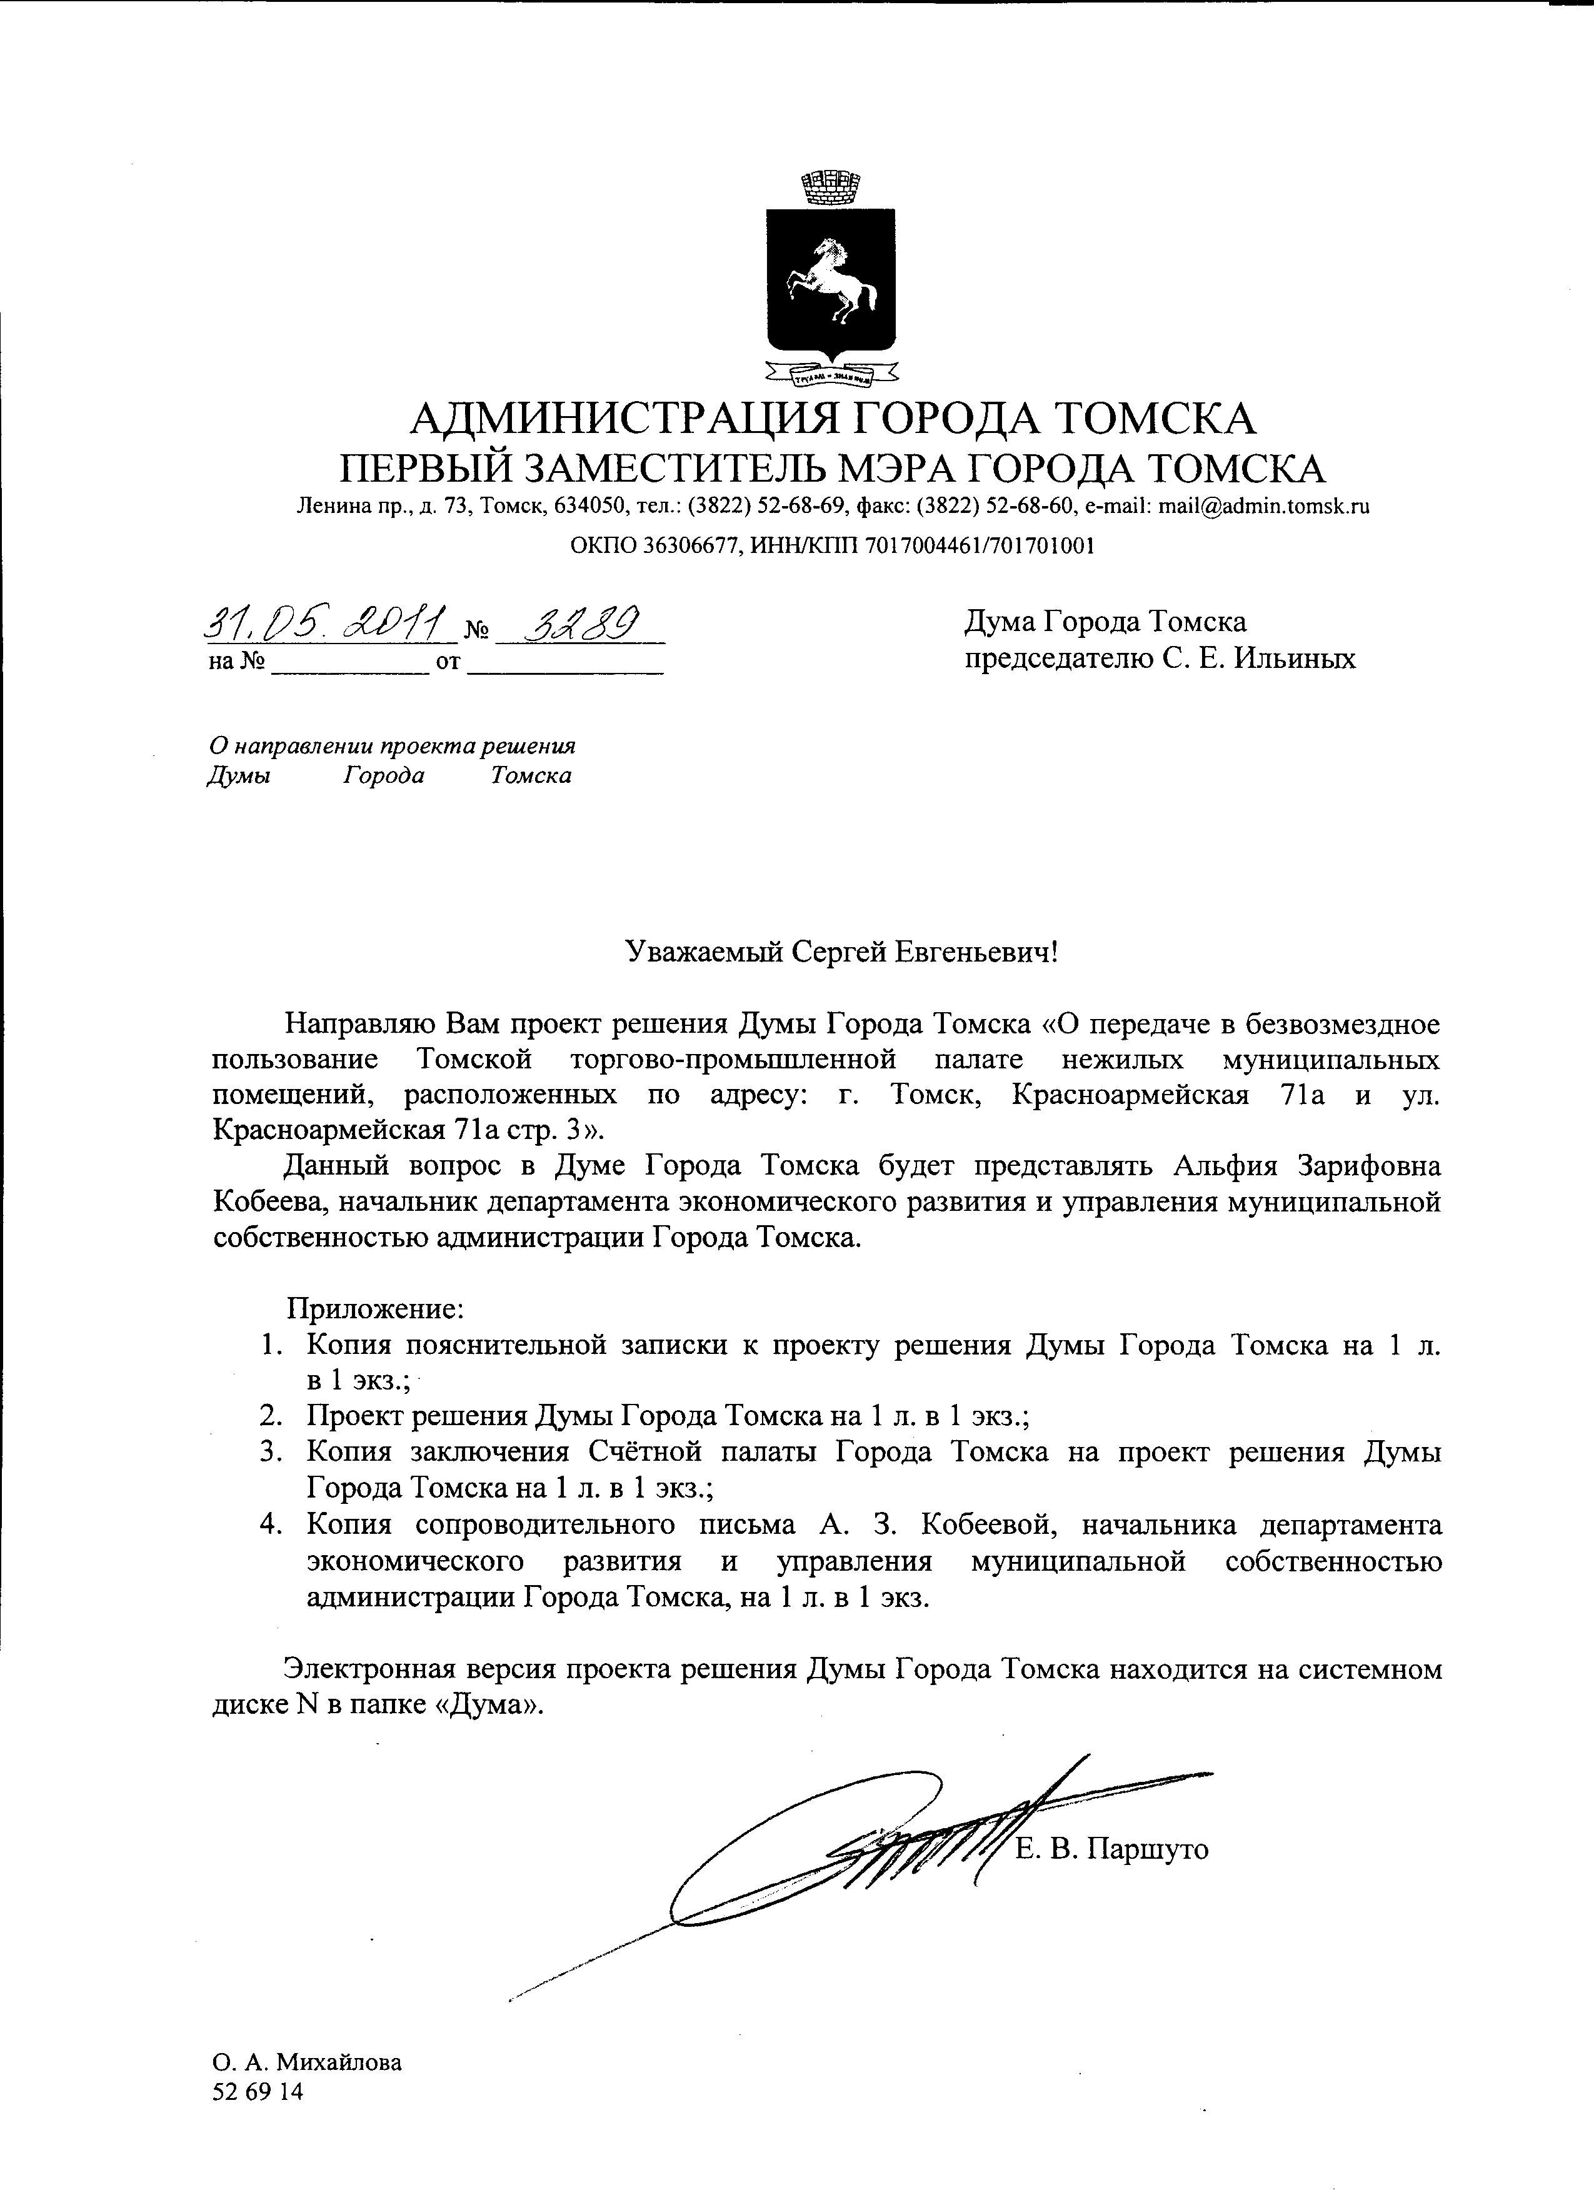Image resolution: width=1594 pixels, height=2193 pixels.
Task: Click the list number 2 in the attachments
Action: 270,1416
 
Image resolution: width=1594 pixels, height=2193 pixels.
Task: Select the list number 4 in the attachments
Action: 270,1525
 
